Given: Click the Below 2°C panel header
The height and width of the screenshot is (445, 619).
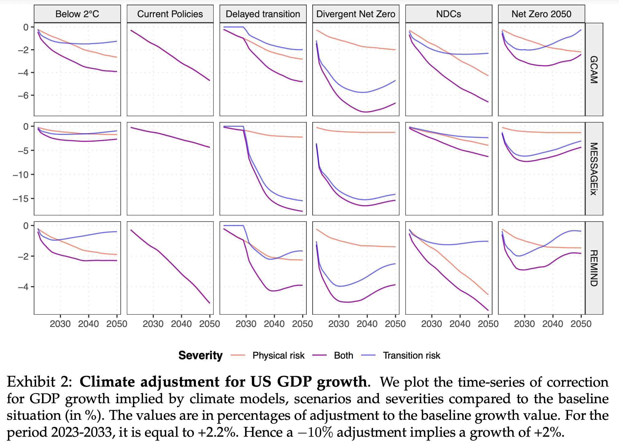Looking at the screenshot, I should click(77, 14).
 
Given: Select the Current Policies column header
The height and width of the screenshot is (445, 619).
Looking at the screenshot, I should click(170, 14).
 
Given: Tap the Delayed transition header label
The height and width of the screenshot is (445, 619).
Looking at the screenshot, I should click(263, 14).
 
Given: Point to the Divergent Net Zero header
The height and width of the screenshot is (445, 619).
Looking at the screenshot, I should click(356, 14).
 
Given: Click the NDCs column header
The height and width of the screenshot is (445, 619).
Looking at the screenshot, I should click(449, 14).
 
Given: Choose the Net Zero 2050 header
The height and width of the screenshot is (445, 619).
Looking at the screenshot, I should click(541, 14).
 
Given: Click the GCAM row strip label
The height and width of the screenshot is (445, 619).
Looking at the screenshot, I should click(594, 69).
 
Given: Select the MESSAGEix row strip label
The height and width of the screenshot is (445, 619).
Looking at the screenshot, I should click(594, 169).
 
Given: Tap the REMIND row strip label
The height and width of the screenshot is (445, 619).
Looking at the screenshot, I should click(594, 268).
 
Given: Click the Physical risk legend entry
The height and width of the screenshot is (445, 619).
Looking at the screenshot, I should click(278, 356).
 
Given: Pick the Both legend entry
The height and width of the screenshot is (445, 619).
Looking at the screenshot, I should click(343, 356).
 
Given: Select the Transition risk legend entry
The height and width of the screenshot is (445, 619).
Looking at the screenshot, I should click(411, 356).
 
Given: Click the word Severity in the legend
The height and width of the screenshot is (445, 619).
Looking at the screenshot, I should click(200, 356).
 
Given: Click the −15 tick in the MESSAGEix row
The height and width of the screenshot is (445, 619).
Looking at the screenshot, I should click(20, 199).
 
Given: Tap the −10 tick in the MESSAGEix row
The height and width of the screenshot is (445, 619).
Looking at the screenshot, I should click(20, 175).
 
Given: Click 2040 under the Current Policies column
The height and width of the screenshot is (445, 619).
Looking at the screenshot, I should click(181, 324).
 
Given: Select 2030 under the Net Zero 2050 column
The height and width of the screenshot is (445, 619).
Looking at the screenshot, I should click(524, 324).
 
